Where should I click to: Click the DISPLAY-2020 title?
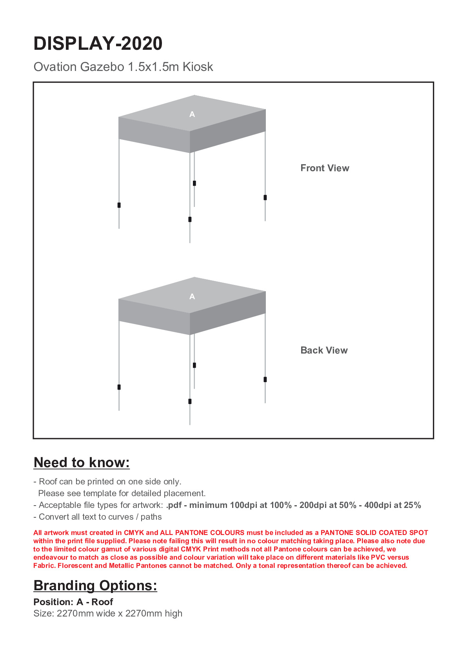98,44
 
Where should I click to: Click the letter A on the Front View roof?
192,114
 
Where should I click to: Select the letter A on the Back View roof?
192,297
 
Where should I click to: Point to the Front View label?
325,168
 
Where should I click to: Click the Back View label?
324,350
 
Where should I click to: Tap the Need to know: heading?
82,462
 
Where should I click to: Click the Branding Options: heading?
95,586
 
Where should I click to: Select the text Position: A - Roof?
73,602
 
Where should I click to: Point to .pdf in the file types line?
174,505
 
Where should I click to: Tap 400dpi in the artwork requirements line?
379,505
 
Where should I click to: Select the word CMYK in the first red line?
134,533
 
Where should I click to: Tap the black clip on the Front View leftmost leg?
119,205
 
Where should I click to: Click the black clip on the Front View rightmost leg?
265,198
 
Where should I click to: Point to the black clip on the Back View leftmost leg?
119,387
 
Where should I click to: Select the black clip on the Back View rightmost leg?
265,379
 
